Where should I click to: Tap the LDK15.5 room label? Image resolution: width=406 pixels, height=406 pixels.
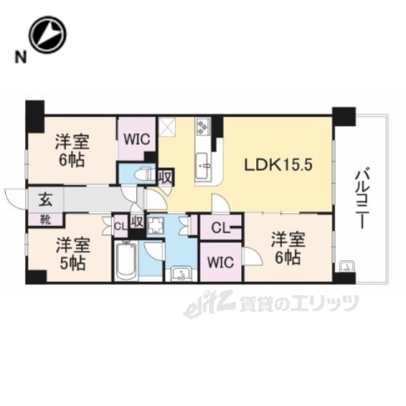pyautogui.click(x=279, y=165)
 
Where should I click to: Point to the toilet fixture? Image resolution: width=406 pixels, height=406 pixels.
pyautogui.click(x=142, y=175)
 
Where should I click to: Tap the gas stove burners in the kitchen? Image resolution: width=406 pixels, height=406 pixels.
pyautogui.click(x=204, y=128)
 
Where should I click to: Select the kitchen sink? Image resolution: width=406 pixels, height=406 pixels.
pyautogui.click(x=204, y=166)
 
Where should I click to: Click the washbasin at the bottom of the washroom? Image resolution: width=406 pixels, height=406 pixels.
pyautogui.click(x=181, y=273)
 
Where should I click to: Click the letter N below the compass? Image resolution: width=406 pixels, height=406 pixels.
pyautogui.click(x=18, y=58)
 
